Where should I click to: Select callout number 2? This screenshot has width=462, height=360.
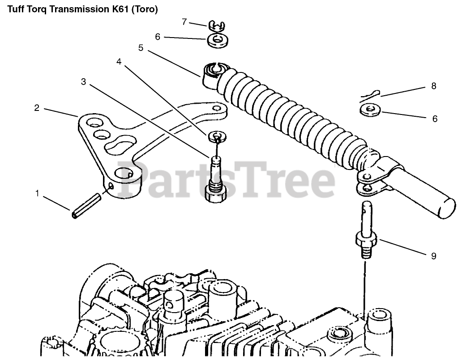37,108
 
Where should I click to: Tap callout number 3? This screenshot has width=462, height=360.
84,81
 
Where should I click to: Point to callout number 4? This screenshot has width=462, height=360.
119,62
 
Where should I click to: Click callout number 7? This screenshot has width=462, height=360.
184,21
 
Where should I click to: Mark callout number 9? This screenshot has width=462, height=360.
433,256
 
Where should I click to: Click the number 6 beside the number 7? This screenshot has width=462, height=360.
157,37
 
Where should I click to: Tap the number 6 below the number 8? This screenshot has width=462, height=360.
435,119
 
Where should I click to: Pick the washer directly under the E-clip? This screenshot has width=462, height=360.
217,41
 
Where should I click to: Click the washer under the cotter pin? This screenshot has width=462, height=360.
369,109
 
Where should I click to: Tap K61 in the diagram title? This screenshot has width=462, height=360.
117,9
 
